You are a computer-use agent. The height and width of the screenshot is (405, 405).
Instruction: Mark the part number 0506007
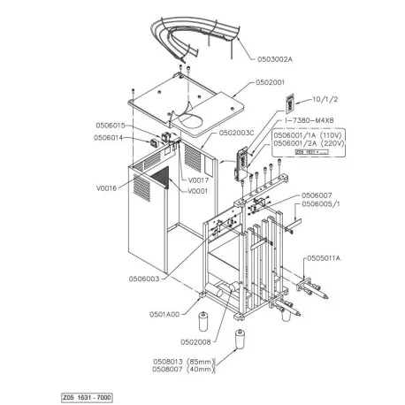(x=316, y=195)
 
